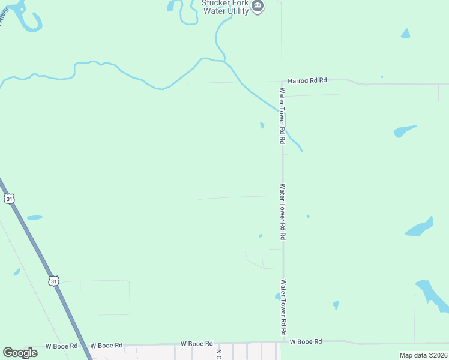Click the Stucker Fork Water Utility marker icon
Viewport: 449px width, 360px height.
[258, 6]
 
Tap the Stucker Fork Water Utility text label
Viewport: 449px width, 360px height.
[225, 7]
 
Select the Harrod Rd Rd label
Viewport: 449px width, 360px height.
[307, 80]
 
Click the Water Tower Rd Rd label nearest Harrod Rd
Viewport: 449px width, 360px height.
[281, 116]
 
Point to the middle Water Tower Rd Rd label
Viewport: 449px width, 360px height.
[282, 212]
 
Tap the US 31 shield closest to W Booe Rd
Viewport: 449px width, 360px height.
[54, 280]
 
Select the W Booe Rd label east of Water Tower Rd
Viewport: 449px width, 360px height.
[306, 341]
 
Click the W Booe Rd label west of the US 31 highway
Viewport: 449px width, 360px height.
[62, 346]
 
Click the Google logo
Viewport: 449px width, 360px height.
[20, 352]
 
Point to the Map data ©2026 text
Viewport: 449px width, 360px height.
[423, 355]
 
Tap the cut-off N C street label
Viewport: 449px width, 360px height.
[219, 354]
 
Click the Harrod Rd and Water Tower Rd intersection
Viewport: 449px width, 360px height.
[282, 82]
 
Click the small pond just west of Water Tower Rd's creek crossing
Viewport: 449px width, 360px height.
[262, 125]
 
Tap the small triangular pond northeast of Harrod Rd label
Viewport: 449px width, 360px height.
[405, 34]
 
